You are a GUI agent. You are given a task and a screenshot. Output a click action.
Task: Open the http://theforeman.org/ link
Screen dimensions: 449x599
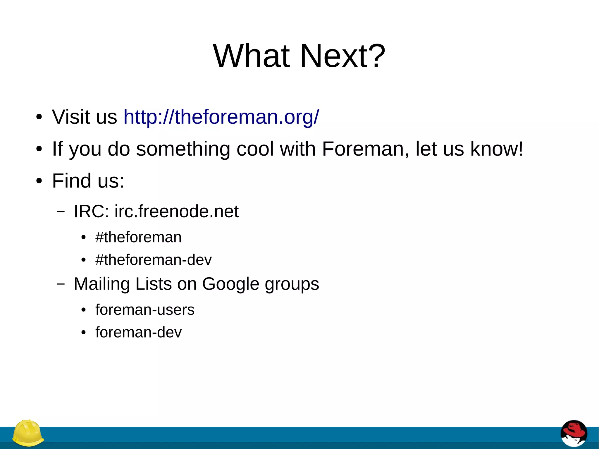point(221,117)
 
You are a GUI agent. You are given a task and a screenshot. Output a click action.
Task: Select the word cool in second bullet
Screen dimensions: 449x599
point(255,149)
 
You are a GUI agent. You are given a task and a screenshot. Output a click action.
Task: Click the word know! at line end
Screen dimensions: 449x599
point(496,149)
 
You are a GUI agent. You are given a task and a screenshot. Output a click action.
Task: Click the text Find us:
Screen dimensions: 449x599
point(88,180)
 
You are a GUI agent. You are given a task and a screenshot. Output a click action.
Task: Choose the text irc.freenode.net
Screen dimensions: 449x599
point(176,211)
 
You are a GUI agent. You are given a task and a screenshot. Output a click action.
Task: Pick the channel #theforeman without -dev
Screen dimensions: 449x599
point(138,237)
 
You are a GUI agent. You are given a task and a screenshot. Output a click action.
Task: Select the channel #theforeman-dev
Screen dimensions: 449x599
point(153,260)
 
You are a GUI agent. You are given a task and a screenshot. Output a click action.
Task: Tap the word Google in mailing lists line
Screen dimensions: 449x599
point(230,284)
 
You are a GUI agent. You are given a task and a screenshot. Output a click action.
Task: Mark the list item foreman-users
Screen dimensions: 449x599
point(145,309)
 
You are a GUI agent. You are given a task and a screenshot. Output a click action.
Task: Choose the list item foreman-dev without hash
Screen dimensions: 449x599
point(138,332)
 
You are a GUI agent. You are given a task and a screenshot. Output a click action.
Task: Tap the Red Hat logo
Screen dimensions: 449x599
point(574,433)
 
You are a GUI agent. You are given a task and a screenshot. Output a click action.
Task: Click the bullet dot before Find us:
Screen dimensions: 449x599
point(39,181)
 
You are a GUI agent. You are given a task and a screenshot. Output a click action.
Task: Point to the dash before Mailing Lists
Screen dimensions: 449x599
point(61,283)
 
